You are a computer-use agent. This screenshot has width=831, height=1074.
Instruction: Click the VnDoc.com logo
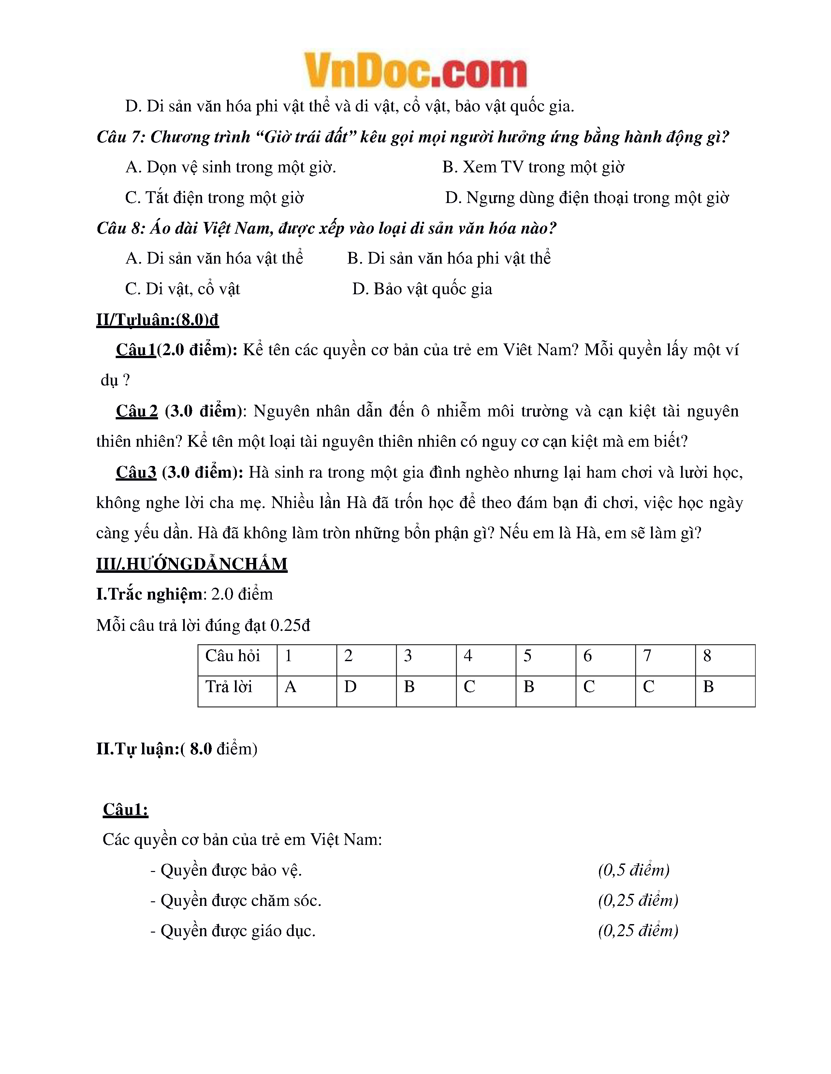pyautogui.click(x=415, y=71)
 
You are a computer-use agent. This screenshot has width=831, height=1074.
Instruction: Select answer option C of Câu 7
pyautogui.click(x=214, y=198)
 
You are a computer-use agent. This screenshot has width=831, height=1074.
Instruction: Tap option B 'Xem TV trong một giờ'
pyautogui.click(x=533, y=167)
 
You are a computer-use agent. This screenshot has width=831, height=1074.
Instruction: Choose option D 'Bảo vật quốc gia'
pyautogui.click(x=422, y=289)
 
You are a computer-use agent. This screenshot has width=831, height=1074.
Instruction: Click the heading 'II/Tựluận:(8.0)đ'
pyautogui.click(x=157, y=320)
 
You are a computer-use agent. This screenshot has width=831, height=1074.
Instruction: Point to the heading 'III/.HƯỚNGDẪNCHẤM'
pyautogui.click(x=192, y=564)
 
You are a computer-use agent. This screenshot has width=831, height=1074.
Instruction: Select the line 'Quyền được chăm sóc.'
pyautogui.click(x=236, y=900)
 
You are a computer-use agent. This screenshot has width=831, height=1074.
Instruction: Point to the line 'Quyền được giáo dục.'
pyautogui.click(x=233, y=931)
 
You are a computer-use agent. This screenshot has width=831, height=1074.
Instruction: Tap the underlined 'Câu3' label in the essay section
pyautogui.click(x=136, y=472)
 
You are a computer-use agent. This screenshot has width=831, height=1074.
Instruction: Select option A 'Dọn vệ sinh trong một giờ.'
pyautogui.click(x=231, y=167)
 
